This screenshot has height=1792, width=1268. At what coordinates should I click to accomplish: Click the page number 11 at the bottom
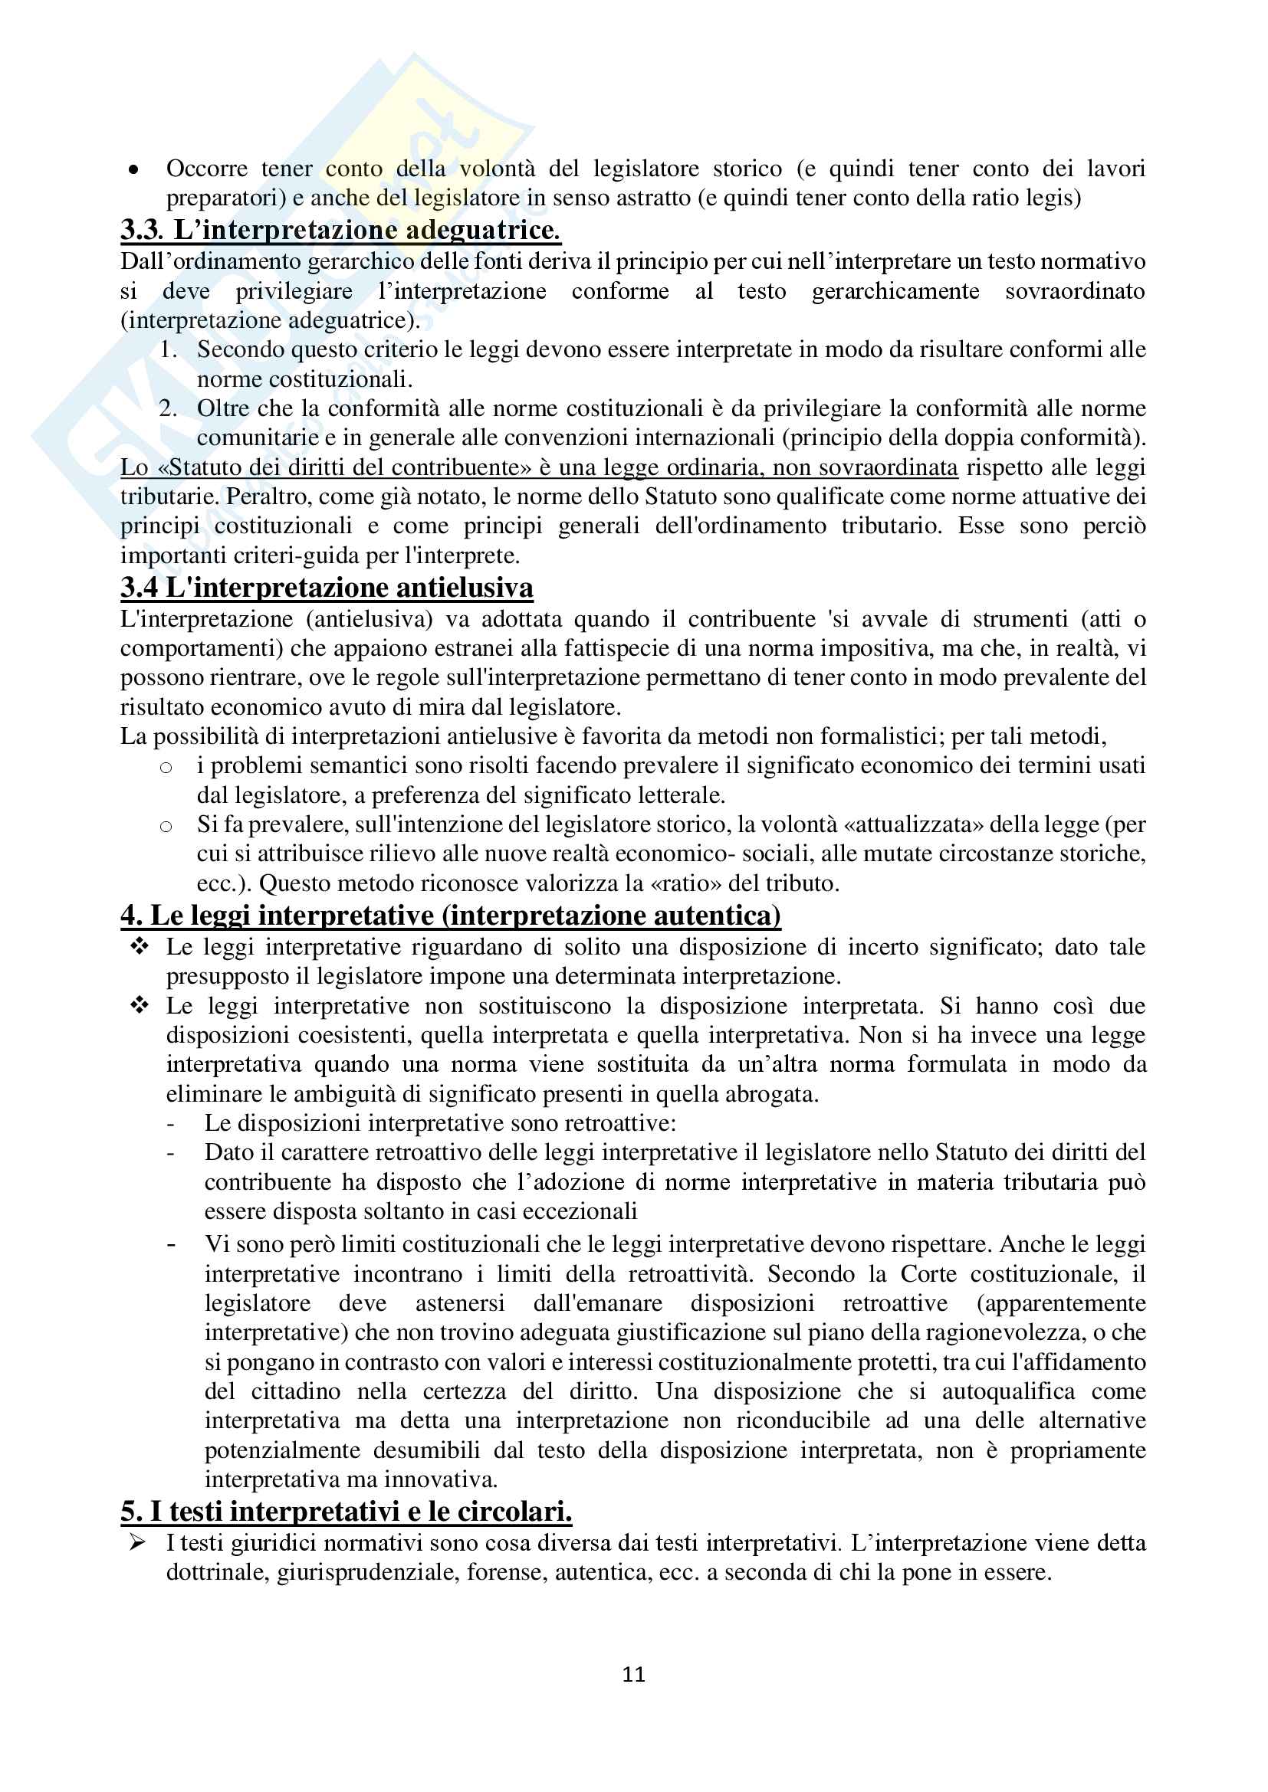point(633,1674)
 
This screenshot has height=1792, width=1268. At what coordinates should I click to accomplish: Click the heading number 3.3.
point(141,231)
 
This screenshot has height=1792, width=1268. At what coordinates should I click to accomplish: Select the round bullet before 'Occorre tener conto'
point(134,169)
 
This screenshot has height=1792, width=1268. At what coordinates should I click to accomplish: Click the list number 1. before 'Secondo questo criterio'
point(169,349)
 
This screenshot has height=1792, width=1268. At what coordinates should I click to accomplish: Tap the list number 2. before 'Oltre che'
point(169,408)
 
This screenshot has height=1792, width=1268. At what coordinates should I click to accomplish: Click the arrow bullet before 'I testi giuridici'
point(138,1543)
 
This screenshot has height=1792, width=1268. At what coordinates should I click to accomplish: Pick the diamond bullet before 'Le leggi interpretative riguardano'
point(139,947)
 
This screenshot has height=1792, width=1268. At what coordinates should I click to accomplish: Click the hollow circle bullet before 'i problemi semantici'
point(166,767)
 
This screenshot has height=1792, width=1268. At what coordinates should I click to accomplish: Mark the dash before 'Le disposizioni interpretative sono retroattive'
point(171,1124)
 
